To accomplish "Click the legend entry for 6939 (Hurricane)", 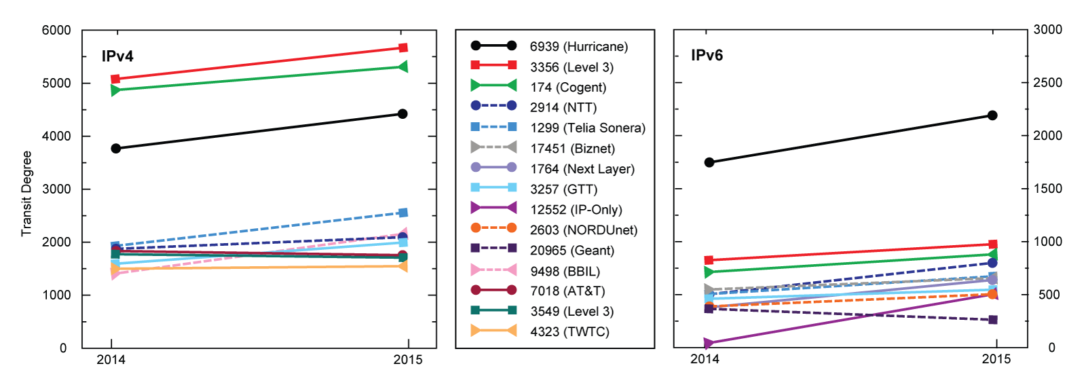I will coord(578,46).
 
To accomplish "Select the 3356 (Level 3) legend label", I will coord(572,67).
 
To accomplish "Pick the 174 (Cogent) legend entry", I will coord(568,87).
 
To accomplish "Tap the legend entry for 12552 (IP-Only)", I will coord(576,209).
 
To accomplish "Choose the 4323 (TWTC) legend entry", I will coord(569,331).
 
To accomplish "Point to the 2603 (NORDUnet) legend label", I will coord(584,230).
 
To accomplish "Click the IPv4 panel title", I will coord(117,56).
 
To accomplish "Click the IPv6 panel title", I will coord(707,56).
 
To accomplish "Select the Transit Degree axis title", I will coord(26,194).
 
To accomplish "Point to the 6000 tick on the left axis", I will coord(56,31).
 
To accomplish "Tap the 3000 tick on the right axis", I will coord(1047,29).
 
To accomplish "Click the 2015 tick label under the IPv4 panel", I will coord(407,359).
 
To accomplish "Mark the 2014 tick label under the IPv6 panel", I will coord(705,359).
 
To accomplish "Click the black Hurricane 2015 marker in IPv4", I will coord(402,113).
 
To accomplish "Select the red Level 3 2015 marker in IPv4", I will coord(403,48).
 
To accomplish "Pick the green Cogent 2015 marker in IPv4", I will coord(403,67).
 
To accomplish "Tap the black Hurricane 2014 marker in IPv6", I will coord(709,162).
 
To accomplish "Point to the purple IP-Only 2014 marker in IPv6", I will coord(709,344).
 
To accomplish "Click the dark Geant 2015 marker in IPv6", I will coord(993,320).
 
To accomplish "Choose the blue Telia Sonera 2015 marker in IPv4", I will coord(403,213).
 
